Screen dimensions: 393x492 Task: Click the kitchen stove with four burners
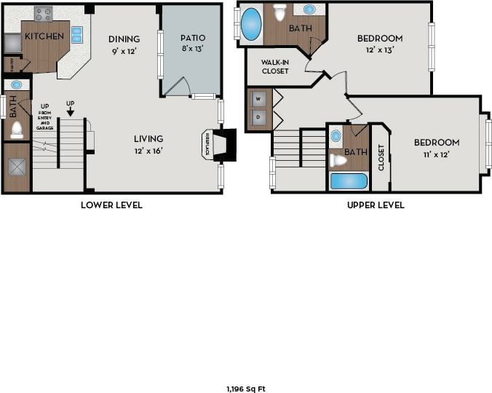(x=44, y=14)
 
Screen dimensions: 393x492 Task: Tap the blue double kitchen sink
(x=76, y=35)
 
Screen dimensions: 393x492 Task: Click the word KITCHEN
(x=44, y=36)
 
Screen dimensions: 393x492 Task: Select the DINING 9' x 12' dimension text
(x=124, y=51)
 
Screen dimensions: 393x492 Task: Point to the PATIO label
(x=193, y=38)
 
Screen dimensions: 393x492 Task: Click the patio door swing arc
(x=177, y=86)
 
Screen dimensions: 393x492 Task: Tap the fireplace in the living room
(x=220, y=145)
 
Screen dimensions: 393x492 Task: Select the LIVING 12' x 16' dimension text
(x=148, y=151)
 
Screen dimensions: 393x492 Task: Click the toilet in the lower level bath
(x=17, y=130)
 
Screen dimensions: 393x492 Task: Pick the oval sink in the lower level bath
(x=16, y=84)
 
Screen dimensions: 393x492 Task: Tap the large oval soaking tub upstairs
(x=251, y=24)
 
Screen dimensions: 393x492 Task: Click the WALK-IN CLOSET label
(x=275, y=67)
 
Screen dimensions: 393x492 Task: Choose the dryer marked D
(x=258, y=116)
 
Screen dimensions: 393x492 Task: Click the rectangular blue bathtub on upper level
(x=349, y=180)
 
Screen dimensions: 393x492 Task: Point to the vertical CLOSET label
(x=381, y=157)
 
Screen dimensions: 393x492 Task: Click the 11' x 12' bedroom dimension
(x=437, y=154)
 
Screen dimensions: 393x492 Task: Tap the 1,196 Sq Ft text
(x=245, y=389)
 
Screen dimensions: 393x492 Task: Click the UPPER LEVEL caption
(x=375, y=205)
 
